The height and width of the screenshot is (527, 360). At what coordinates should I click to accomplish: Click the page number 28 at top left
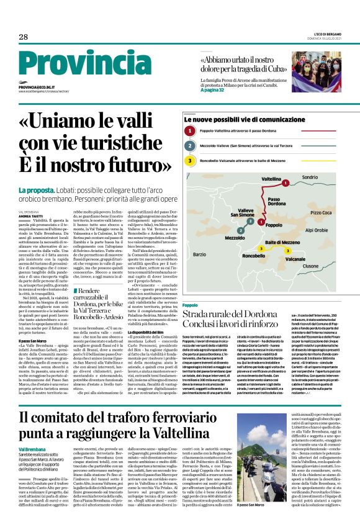tap(23, 37)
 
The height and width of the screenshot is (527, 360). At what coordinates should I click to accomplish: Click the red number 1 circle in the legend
tap(191, 131)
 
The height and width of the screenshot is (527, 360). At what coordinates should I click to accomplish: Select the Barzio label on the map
tap(199, 254)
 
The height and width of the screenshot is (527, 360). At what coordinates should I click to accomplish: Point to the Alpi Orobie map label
tap(317, 230)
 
